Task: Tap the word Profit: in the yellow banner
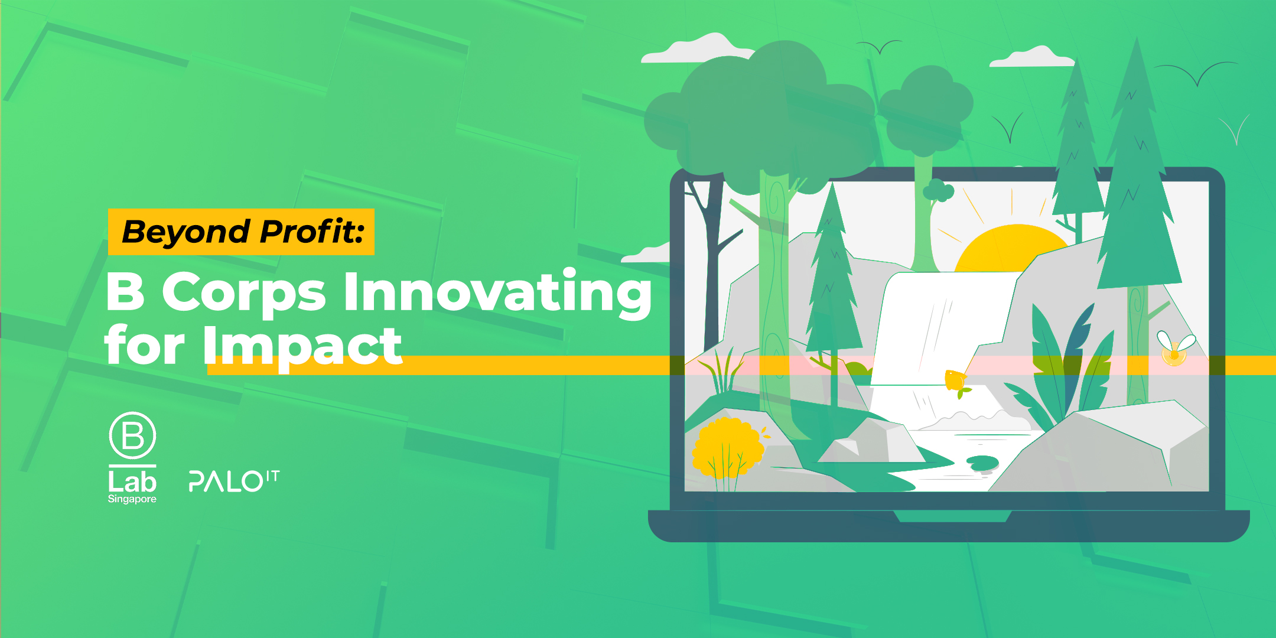pyautogui.click(x=311, y=232)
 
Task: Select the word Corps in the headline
pyautogui.click(x=243, y=292)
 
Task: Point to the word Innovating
pyautogui.click(x=497, y=292)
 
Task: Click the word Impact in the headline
pyautogui.click(x=302, y=346)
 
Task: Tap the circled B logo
pyautogui.click(x=132, y=436)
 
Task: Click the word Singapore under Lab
pyautogui.click(x=132, y=499)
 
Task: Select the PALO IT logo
pyautogui.click(x=233, y=481)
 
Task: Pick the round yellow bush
pyautogui.click(x=727, y=446)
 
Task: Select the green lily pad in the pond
pyautogui.click(x=982, y=462)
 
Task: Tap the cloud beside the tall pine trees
pyautogui.click(x=1031, y=57)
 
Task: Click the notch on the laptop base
pyautogui.click(x=952, y=517)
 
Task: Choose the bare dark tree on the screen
pyautogui.click(x=709, y=248)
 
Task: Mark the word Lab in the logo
pyautogui.click(x=132, y=482)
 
